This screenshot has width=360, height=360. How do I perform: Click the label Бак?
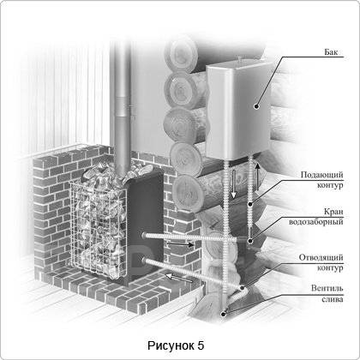[x=331, y=52]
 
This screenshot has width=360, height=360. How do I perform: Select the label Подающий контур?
[x=321, y=180]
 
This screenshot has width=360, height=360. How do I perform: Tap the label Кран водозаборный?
[x=316, y=217]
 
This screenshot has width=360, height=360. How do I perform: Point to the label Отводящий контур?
[x=321, y=262]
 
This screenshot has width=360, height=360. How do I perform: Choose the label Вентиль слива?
[x=327, y=293]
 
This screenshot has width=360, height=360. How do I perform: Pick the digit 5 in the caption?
[x=201, y=345]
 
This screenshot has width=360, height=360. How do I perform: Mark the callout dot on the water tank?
[x=256, y=106]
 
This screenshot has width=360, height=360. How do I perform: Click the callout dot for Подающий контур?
[x=250, y=204]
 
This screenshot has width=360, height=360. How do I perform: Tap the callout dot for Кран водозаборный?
[x=250, y=241]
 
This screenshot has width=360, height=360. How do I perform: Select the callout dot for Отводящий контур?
[x=242, y=288]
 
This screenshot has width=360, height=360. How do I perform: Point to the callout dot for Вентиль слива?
[x=224, y=314]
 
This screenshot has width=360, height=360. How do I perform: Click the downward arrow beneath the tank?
[x=233, y=183]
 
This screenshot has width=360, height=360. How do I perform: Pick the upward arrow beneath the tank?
[x=257, y=177]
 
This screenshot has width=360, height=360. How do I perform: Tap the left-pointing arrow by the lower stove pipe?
[x=179, y=277]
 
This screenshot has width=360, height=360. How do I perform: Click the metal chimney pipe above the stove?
[x=123, y=109]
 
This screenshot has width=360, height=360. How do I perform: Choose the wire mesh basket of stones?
[x=99, y=229]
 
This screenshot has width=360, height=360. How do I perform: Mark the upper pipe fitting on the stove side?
[x=144, y=235]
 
